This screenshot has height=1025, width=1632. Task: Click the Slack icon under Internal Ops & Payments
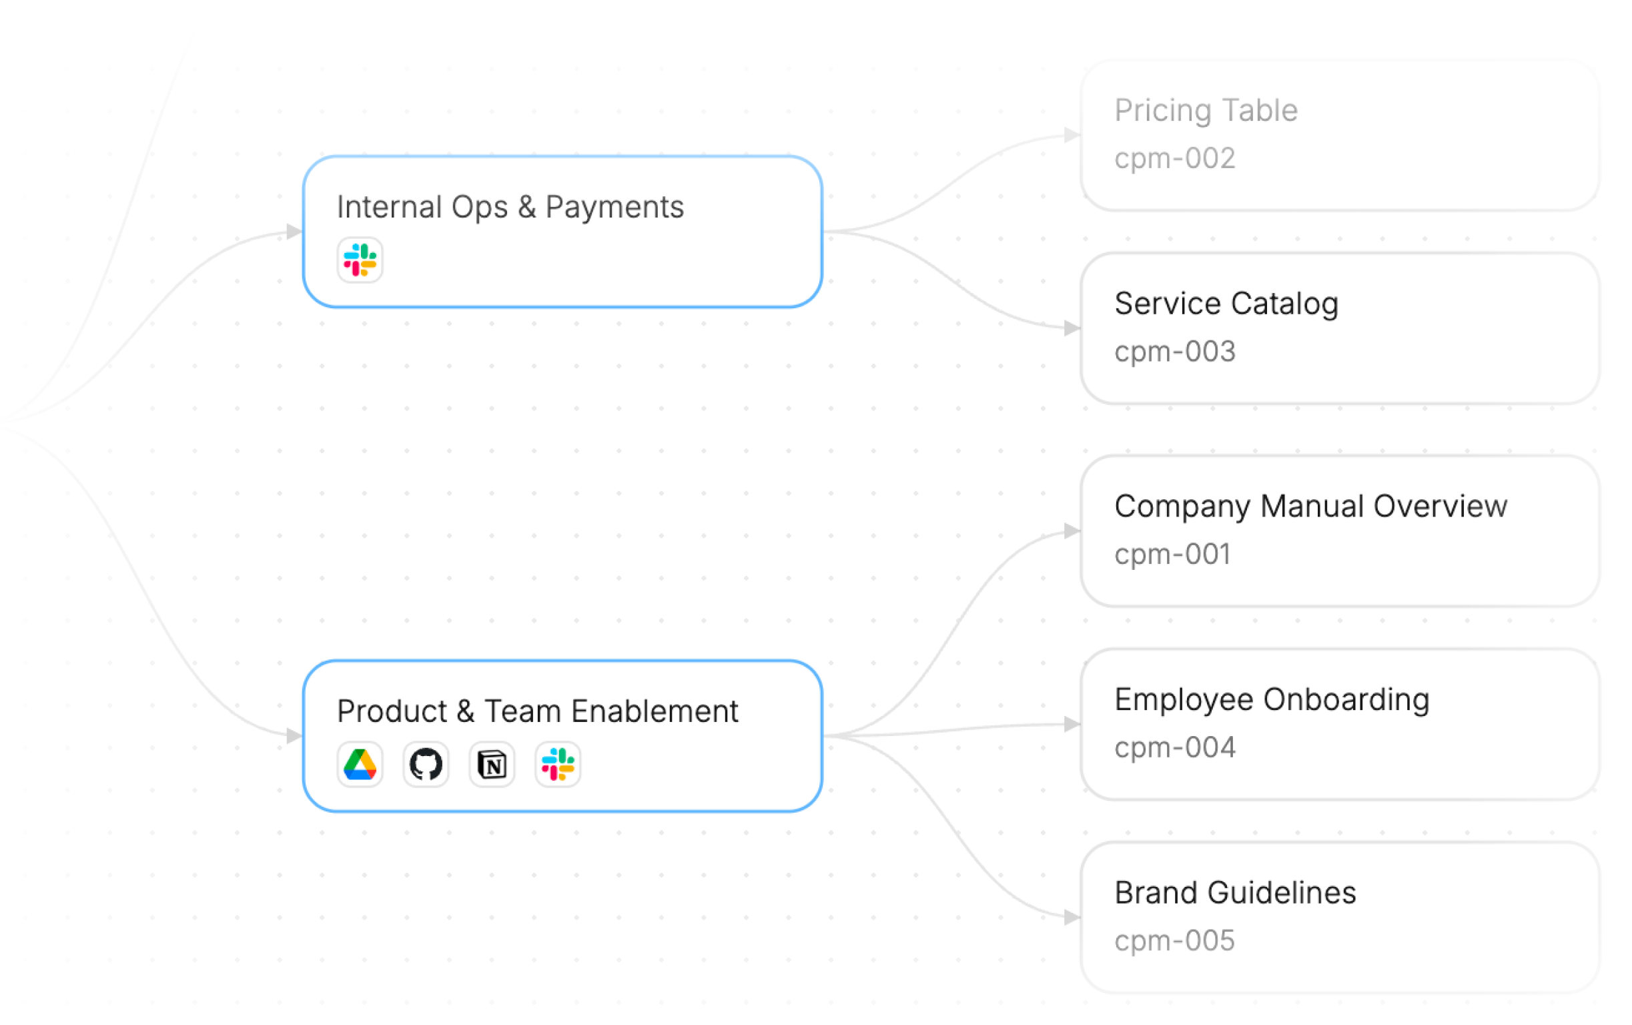[x=360, y=260]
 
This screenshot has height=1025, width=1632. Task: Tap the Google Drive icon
[x=360, y=765]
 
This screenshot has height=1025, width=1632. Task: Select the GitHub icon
[x=426, y=765]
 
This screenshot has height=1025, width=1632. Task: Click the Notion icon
[x=492, y=765]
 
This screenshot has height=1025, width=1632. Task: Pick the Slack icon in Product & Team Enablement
[x=558, y=765]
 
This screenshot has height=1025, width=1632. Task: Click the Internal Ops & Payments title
[x=510, y=208]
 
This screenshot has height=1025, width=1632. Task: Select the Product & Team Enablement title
[x=538, y=712]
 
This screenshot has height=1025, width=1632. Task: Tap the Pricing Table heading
[x=1206, y=111]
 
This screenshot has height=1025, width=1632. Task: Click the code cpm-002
[x=1174, y=159]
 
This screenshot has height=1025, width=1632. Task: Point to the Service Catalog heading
[x=1226, y=304]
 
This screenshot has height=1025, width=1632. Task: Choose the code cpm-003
[x=1174, y=352]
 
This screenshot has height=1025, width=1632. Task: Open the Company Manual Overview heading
[x=1310, y=506]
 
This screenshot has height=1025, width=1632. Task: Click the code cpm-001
[x=1172, y=555]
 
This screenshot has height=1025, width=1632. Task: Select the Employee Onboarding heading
[x=1272, y=699]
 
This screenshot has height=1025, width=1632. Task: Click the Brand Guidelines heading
[x=1235, y=893]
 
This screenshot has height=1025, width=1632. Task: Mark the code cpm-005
[x=1174, y=941]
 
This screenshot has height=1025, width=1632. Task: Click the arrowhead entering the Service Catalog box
[x=1072, y=329]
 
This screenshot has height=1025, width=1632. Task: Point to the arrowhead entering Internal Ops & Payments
[x=294, y=232]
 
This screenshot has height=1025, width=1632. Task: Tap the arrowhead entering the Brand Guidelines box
[x=1072, y=918]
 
